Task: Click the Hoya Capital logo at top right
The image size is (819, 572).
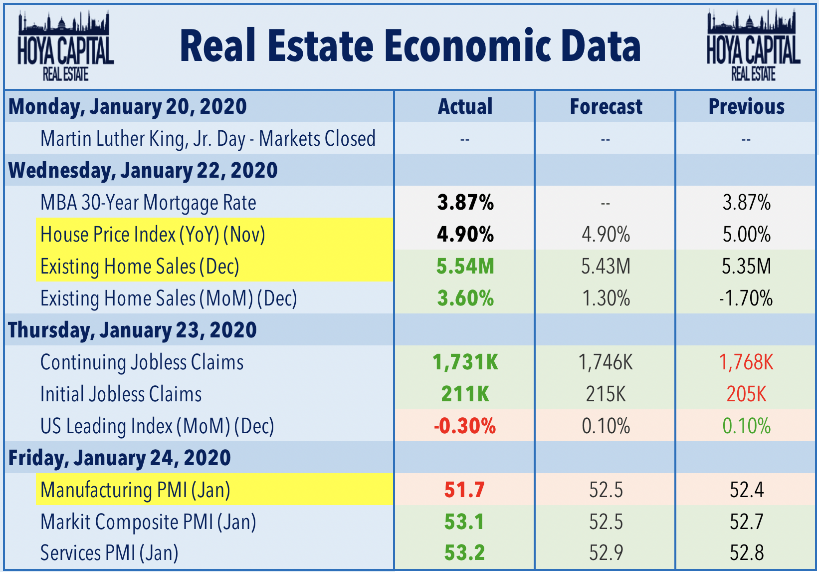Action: (753, 46)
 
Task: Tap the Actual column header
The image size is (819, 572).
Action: (465, 107)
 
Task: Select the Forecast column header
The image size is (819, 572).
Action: (606, 107)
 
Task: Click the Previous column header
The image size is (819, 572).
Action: (746, 107)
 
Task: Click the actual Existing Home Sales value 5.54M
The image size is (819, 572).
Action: (465, 267)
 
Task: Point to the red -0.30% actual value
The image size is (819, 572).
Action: (465, 426)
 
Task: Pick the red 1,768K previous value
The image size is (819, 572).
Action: (746, 362)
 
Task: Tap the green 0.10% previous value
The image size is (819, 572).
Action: (746, 426)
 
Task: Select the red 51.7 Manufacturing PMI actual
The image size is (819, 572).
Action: (464, 490)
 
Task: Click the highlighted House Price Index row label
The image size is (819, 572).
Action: (153, 235)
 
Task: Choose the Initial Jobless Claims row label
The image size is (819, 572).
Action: (121, 394)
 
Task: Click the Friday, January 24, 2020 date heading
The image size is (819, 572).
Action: (120, 458)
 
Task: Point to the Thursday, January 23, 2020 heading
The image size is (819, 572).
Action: (133, 330)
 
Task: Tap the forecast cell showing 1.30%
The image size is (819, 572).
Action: (606, 298)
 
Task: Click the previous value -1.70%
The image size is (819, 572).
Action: (746, 298)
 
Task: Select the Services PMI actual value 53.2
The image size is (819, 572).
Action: (464, 553)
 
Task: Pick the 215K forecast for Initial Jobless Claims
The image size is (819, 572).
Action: (606, 394)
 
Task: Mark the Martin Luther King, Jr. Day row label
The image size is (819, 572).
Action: (207, 139)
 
